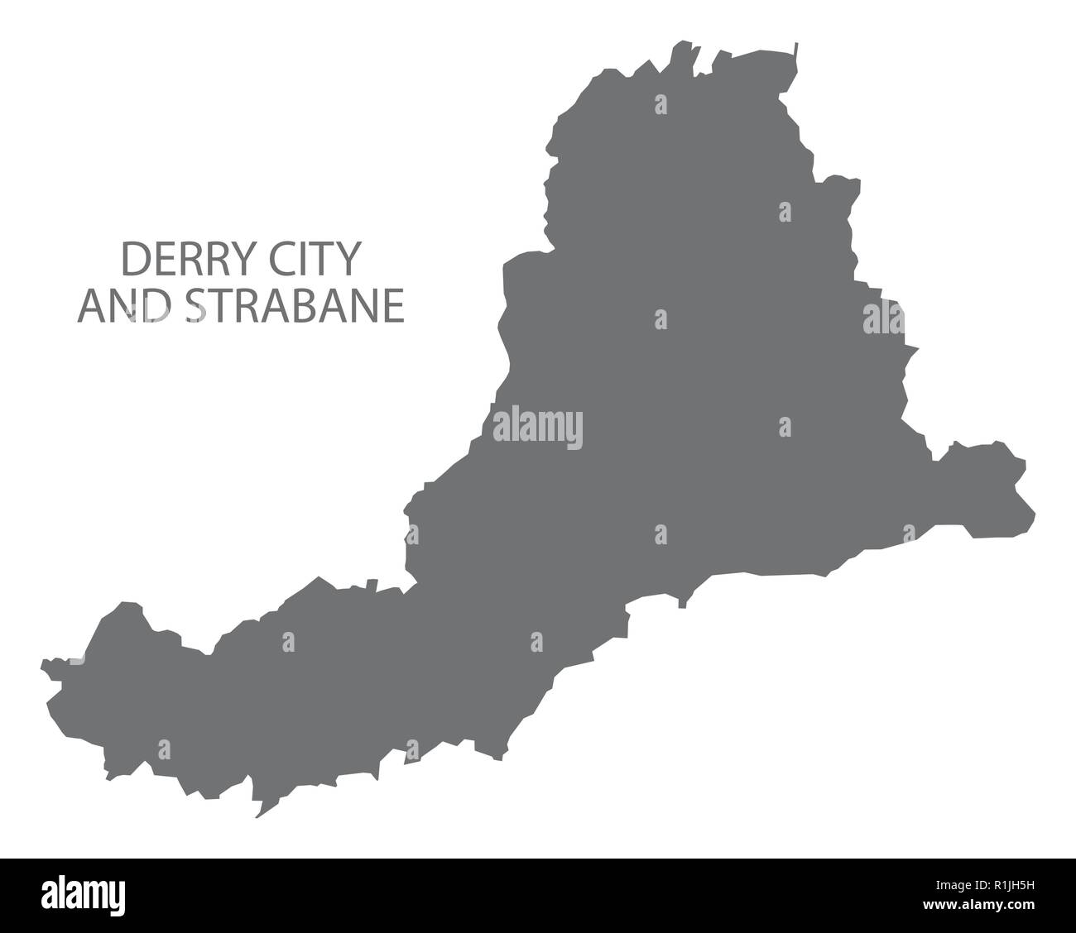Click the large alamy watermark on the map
(x=538, y=428)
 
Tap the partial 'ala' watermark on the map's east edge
(x=882, y=318)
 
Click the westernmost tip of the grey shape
(x=42, y=663)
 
